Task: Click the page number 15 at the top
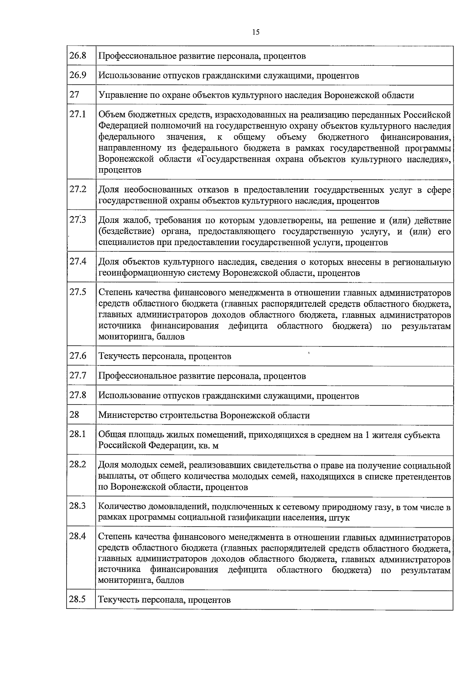255,32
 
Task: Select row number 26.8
78,55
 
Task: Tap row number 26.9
78,75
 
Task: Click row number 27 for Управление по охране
74,95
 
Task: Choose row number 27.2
78,189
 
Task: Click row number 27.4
78,261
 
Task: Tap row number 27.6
78,355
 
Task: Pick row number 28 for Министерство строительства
74,414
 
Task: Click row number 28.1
78,434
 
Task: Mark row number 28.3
78,506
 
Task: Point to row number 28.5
78,599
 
